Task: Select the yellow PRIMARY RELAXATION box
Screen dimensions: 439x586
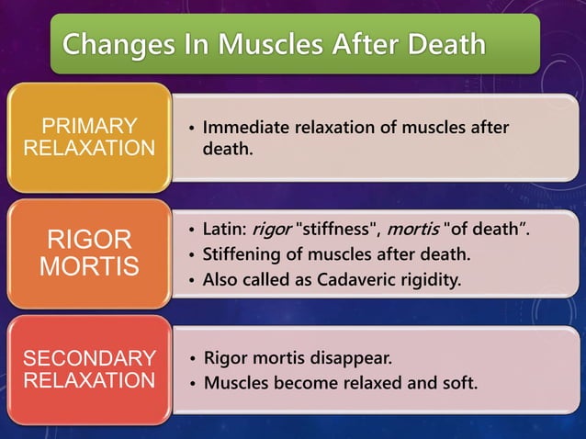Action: pos(89,137)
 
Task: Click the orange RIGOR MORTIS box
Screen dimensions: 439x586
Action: pos(89,253)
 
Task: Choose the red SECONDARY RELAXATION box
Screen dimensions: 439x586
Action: pos(89,369)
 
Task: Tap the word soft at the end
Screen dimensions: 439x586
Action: pos(458,381)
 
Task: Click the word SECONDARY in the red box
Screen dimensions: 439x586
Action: pos(89,358)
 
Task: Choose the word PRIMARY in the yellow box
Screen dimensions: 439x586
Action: pos(90,126)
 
